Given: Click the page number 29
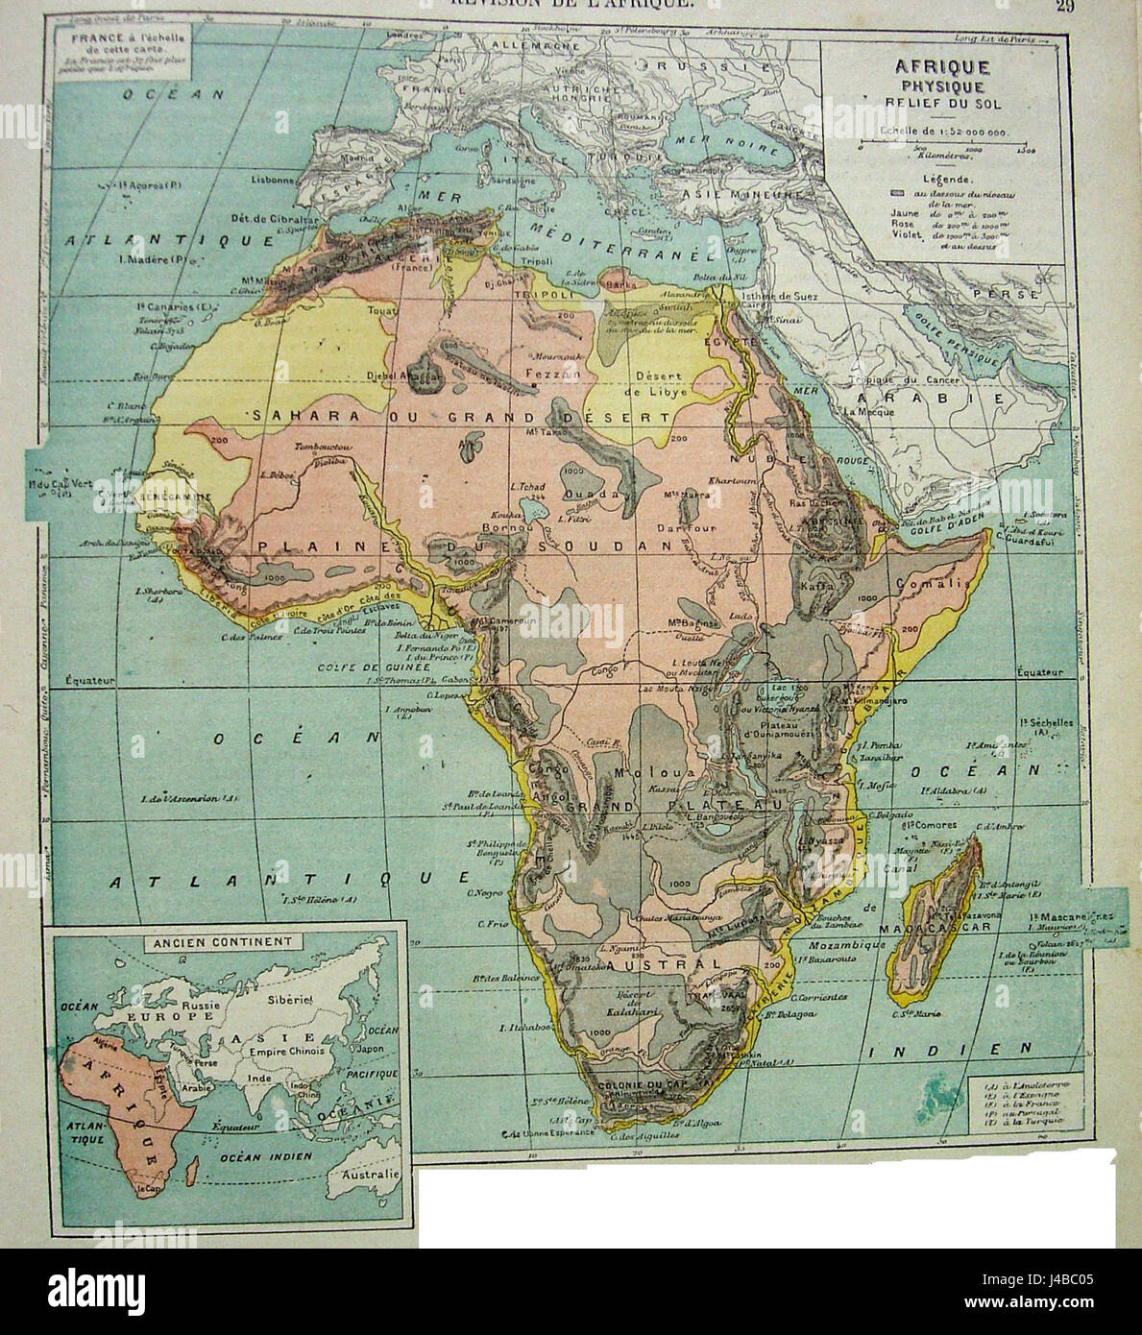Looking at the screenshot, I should click(1063, 7).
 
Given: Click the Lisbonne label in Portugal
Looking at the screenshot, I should click(272, 180).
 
